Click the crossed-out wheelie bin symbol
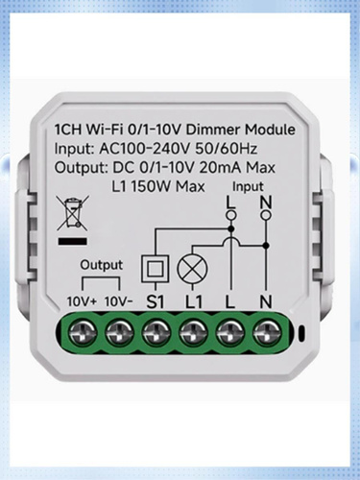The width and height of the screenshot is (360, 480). click(x=73, y=213)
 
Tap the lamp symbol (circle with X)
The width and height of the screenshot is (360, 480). click(x=192, y=269)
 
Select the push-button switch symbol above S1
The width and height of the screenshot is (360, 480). click(x=156, y=269)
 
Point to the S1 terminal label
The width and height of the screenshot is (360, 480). click(x=156, y=301)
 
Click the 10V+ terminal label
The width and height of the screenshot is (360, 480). click(x=82, y=301)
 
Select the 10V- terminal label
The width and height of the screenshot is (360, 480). click(x=119, y=301)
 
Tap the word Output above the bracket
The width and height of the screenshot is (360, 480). click(x=102, y=265)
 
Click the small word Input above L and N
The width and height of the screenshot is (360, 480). click(x=248, y=186)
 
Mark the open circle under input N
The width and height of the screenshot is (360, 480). click(x=266, y=215)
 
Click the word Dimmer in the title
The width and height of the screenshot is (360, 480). click(x=213, y=130)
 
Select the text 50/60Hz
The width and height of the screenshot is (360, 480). click(x=226, y=149)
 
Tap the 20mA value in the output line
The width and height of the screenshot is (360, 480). click(x=220, y=168)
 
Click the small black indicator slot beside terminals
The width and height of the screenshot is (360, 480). click(x=300, y=334)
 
